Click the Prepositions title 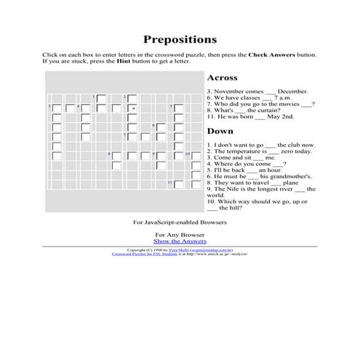tap(180, 39)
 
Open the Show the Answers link tap(180, 241)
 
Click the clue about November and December tap(257, 91)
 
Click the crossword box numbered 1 tap(100, 97)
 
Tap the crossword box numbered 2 tap(132, 97)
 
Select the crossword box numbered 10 tap(194, 155)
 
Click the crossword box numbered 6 tap(162, 127)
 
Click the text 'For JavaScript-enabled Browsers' tap(180, 221)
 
